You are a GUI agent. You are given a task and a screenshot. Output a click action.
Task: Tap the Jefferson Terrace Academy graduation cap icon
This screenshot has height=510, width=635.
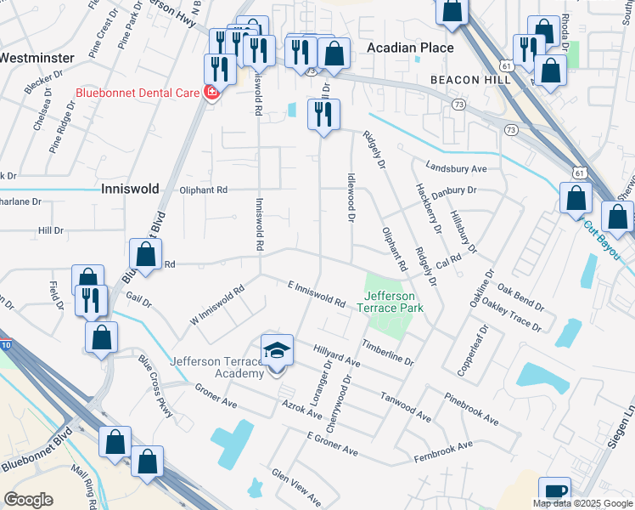pyautogui.click(x=277, y=350)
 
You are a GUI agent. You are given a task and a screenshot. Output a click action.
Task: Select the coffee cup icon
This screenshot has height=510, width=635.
pyautogui.click(x=554, y=491)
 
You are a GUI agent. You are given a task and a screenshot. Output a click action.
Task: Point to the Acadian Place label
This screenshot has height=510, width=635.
pyautogui.click(x=410, y=48)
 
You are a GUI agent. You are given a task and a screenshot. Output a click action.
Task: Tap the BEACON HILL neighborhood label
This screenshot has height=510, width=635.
pyautogui.click(x=469, y=79)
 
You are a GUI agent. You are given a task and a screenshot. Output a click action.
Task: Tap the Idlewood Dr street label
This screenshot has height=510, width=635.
pyautogui.click(x=350, y=197)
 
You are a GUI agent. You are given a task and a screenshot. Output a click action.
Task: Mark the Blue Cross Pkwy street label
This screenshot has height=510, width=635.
pyautogui.click(x=157, y=386)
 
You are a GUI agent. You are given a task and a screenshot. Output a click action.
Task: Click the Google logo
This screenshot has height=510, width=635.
pyautogui.click(x=29, y=500)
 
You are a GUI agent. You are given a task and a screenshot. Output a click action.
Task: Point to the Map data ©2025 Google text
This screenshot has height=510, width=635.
pyautogui.click(x=582, y=503)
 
